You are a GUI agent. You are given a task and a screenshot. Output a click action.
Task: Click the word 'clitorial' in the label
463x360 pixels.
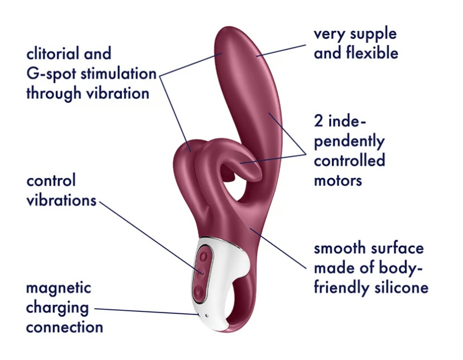[x=53, y=54]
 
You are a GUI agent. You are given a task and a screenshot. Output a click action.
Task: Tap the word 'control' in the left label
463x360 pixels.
[x=51, y=181]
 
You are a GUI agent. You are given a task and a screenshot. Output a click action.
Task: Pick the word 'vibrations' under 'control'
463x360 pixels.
[x=61, y=200]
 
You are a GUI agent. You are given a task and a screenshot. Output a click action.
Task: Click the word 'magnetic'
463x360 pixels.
[x=58, y=289]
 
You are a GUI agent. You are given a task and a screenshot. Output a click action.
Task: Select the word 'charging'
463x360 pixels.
[x=57, y=308]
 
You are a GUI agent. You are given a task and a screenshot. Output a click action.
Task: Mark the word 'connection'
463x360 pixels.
[x=64, y=327]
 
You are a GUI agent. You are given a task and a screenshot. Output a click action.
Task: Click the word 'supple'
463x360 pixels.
[x=374, y=34]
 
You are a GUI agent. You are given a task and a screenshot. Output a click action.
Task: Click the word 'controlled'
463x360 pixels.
[x=349, y=161]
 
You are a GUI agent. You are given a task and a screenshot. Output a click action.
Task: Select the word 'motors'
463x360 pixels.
[x=338, y=180]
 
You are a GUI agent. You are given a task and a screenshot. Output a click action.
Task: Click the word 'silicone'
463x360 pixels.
[x=399, y=287]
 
